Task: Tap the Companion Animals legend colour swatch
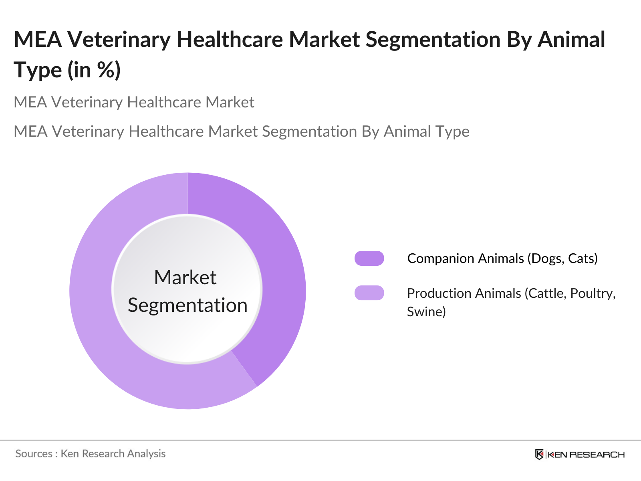(x=369, y=259)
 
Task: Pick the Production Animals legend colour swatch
(x=369, y=293)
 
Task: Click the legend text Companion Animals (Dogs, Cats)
(x=502, y=259)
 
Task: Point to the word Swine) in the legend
(x=426, y=312)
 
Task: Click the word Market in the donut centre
(x=185, y=277)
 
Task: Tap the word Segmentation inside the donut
(x=187, y=305)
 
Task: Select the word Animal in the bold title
(x=571, y=40)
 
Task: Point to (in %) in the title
(x=94, y=70)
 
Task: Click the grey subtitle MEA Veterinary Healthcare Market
(x=134, y=103)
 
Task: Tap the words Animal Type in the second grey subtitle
(x=426, y=131)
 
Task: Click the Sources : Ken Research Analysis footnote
(x=91, y=454)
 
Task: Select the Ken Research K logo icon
(x=539, y=455)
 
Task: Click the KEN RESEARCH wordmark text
(x=586, y=455)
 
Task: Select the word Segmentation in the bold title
(x=433, y=40)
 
